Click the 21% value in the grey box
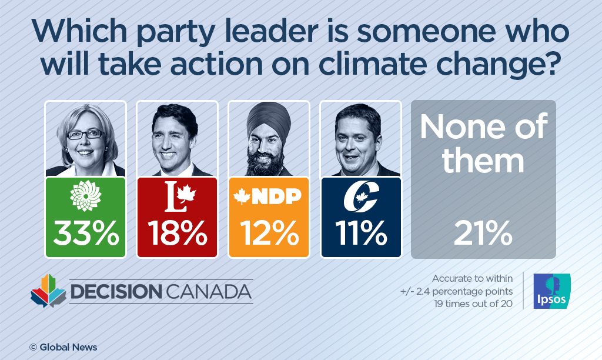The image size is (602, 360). [483, 235]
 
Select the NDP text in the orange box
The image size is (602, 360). [276, 197]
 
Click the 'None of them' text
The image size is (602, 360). [483, 144]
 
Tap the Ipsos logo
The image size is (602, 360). [551, 291]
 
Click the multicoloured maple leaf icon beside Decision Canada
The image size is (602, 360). [48, 290]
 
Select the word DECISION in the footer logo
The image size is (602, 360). [115, 292]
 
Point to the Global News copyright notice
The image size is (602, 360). [63, 347]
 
